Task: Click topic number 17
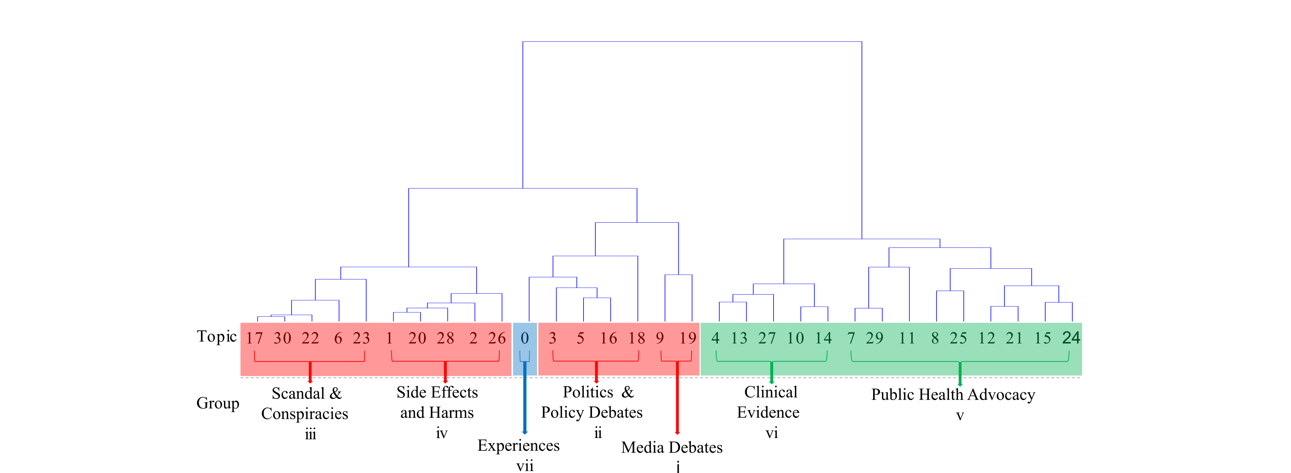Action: [x=254, y=338]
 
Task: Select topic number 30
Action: [x=282, y=338]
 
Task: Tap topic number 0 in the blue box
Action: [x=525, y=338]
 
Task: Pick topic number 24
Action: [x=1071, y=338]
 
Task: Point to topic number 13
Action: [x=739, y=338]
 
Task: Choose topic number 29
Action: [x=875, y=338]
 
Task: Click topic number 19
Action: [x=688, y=338]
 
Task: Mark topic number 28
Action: [x=445, y=338]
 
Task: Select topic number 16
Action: [x=608, y=338]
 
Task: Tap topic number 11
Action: [x=907, y=338]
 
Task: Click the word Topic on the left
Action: [x=217, y=336]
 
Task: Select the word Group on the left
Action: [x=218, y=403]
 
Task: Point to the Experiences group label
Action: [x=518, y=445]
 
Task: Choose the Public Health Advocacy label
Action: [x=953, y=395]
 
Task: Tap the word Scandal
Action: [x=298, y=393]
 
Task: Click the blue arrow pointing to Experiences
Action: [x=525, y=401]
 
